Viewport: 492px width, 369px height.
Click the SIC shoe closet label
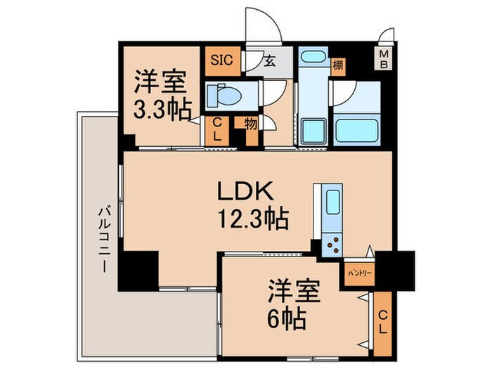click(x=217, y=59)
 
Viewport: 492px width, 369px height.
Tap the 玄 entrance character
click(x=269, y=60)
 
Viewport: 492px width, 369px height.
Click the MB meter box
click(x=384, y=57)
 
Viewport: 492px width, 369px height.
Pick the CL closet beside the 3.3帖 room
click(x=217, y=130)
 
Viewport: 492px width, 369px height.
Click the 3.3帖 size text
click(x=161, y=110)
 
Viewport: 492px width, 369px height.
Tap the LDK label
click(x=242, y=191)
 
